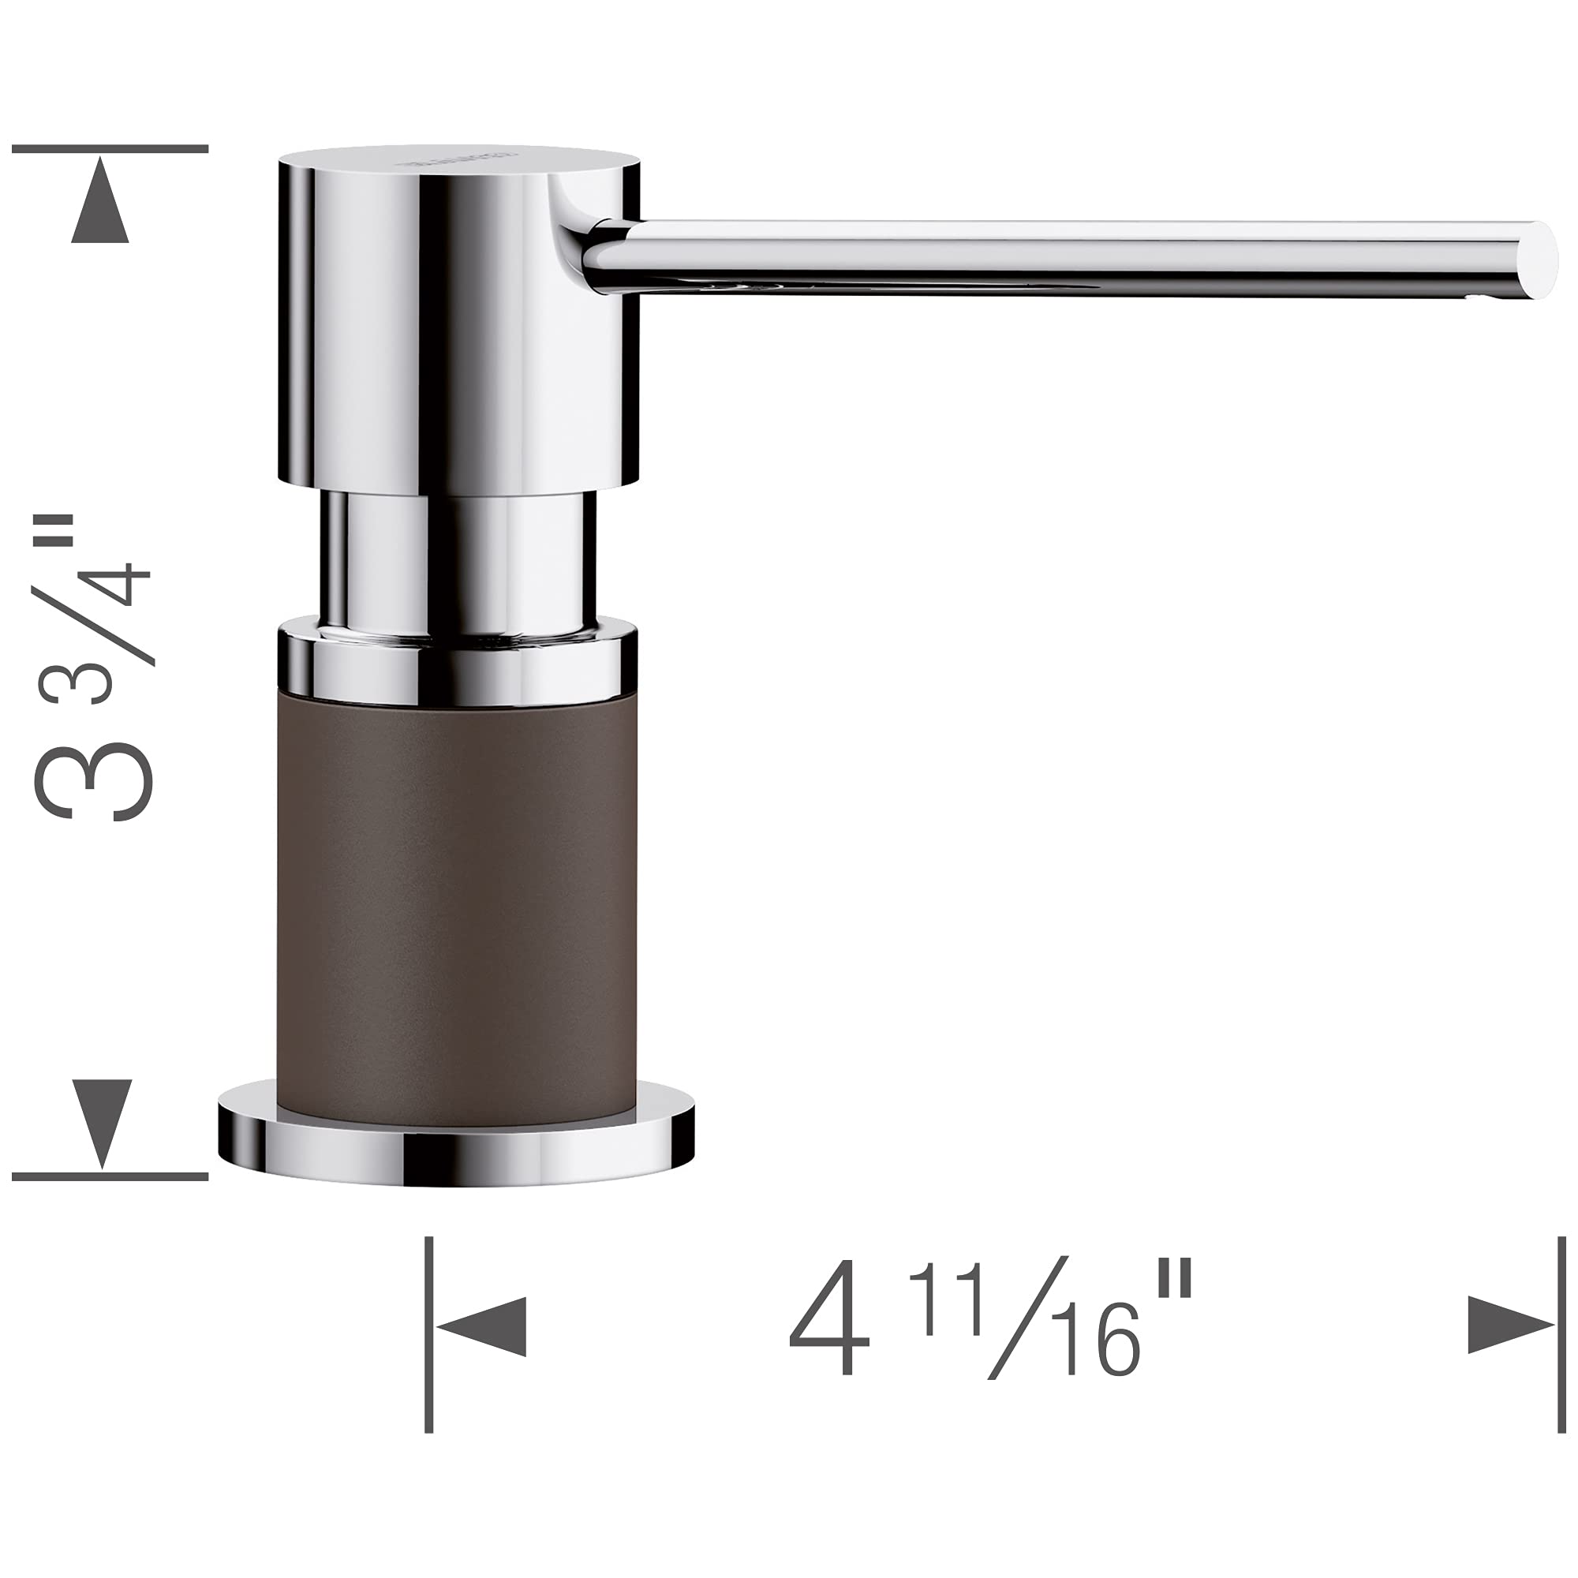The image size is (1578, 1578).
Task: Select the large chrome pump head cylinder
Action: click(458, 327)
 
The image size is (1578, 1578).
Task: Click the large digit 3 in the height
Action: click(94, 780)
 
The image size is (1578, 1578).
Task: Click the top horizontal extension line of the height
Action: click(110, 149)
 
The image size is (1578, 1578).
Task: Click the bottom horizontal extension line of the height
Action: click(110, 1176)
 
